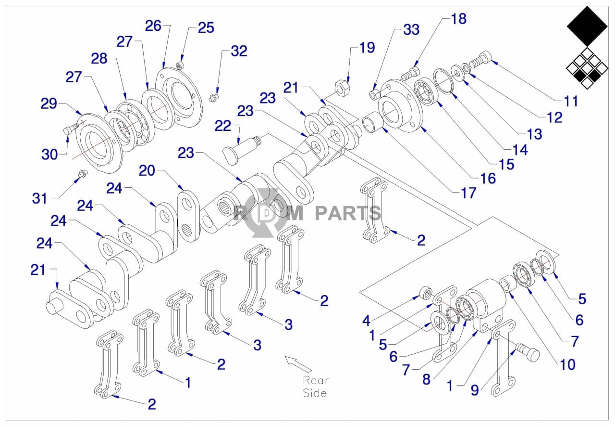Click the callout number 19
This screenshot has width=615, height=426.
click(367, 48)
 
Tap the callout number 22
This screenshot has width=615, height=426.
click(223, 126)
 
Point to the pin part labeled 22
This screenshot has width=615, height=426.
click(242, 146)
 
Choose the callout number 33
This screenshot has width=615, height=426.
click(411, 30)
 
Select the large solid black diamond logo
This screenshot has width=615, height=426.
click(586, 26)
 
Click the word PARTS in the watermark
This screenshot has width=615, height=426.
click(348, 212)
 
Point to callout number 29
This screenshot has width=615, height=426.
click(49, 103)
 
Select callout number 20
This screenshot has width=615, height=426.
click(148, 171)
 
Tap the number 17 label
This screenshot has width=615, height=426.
click(468, 193)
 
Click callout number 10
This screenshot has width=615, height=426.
click(567, 364)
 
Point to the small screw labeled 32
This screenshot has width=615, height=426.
click(213, 98)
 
